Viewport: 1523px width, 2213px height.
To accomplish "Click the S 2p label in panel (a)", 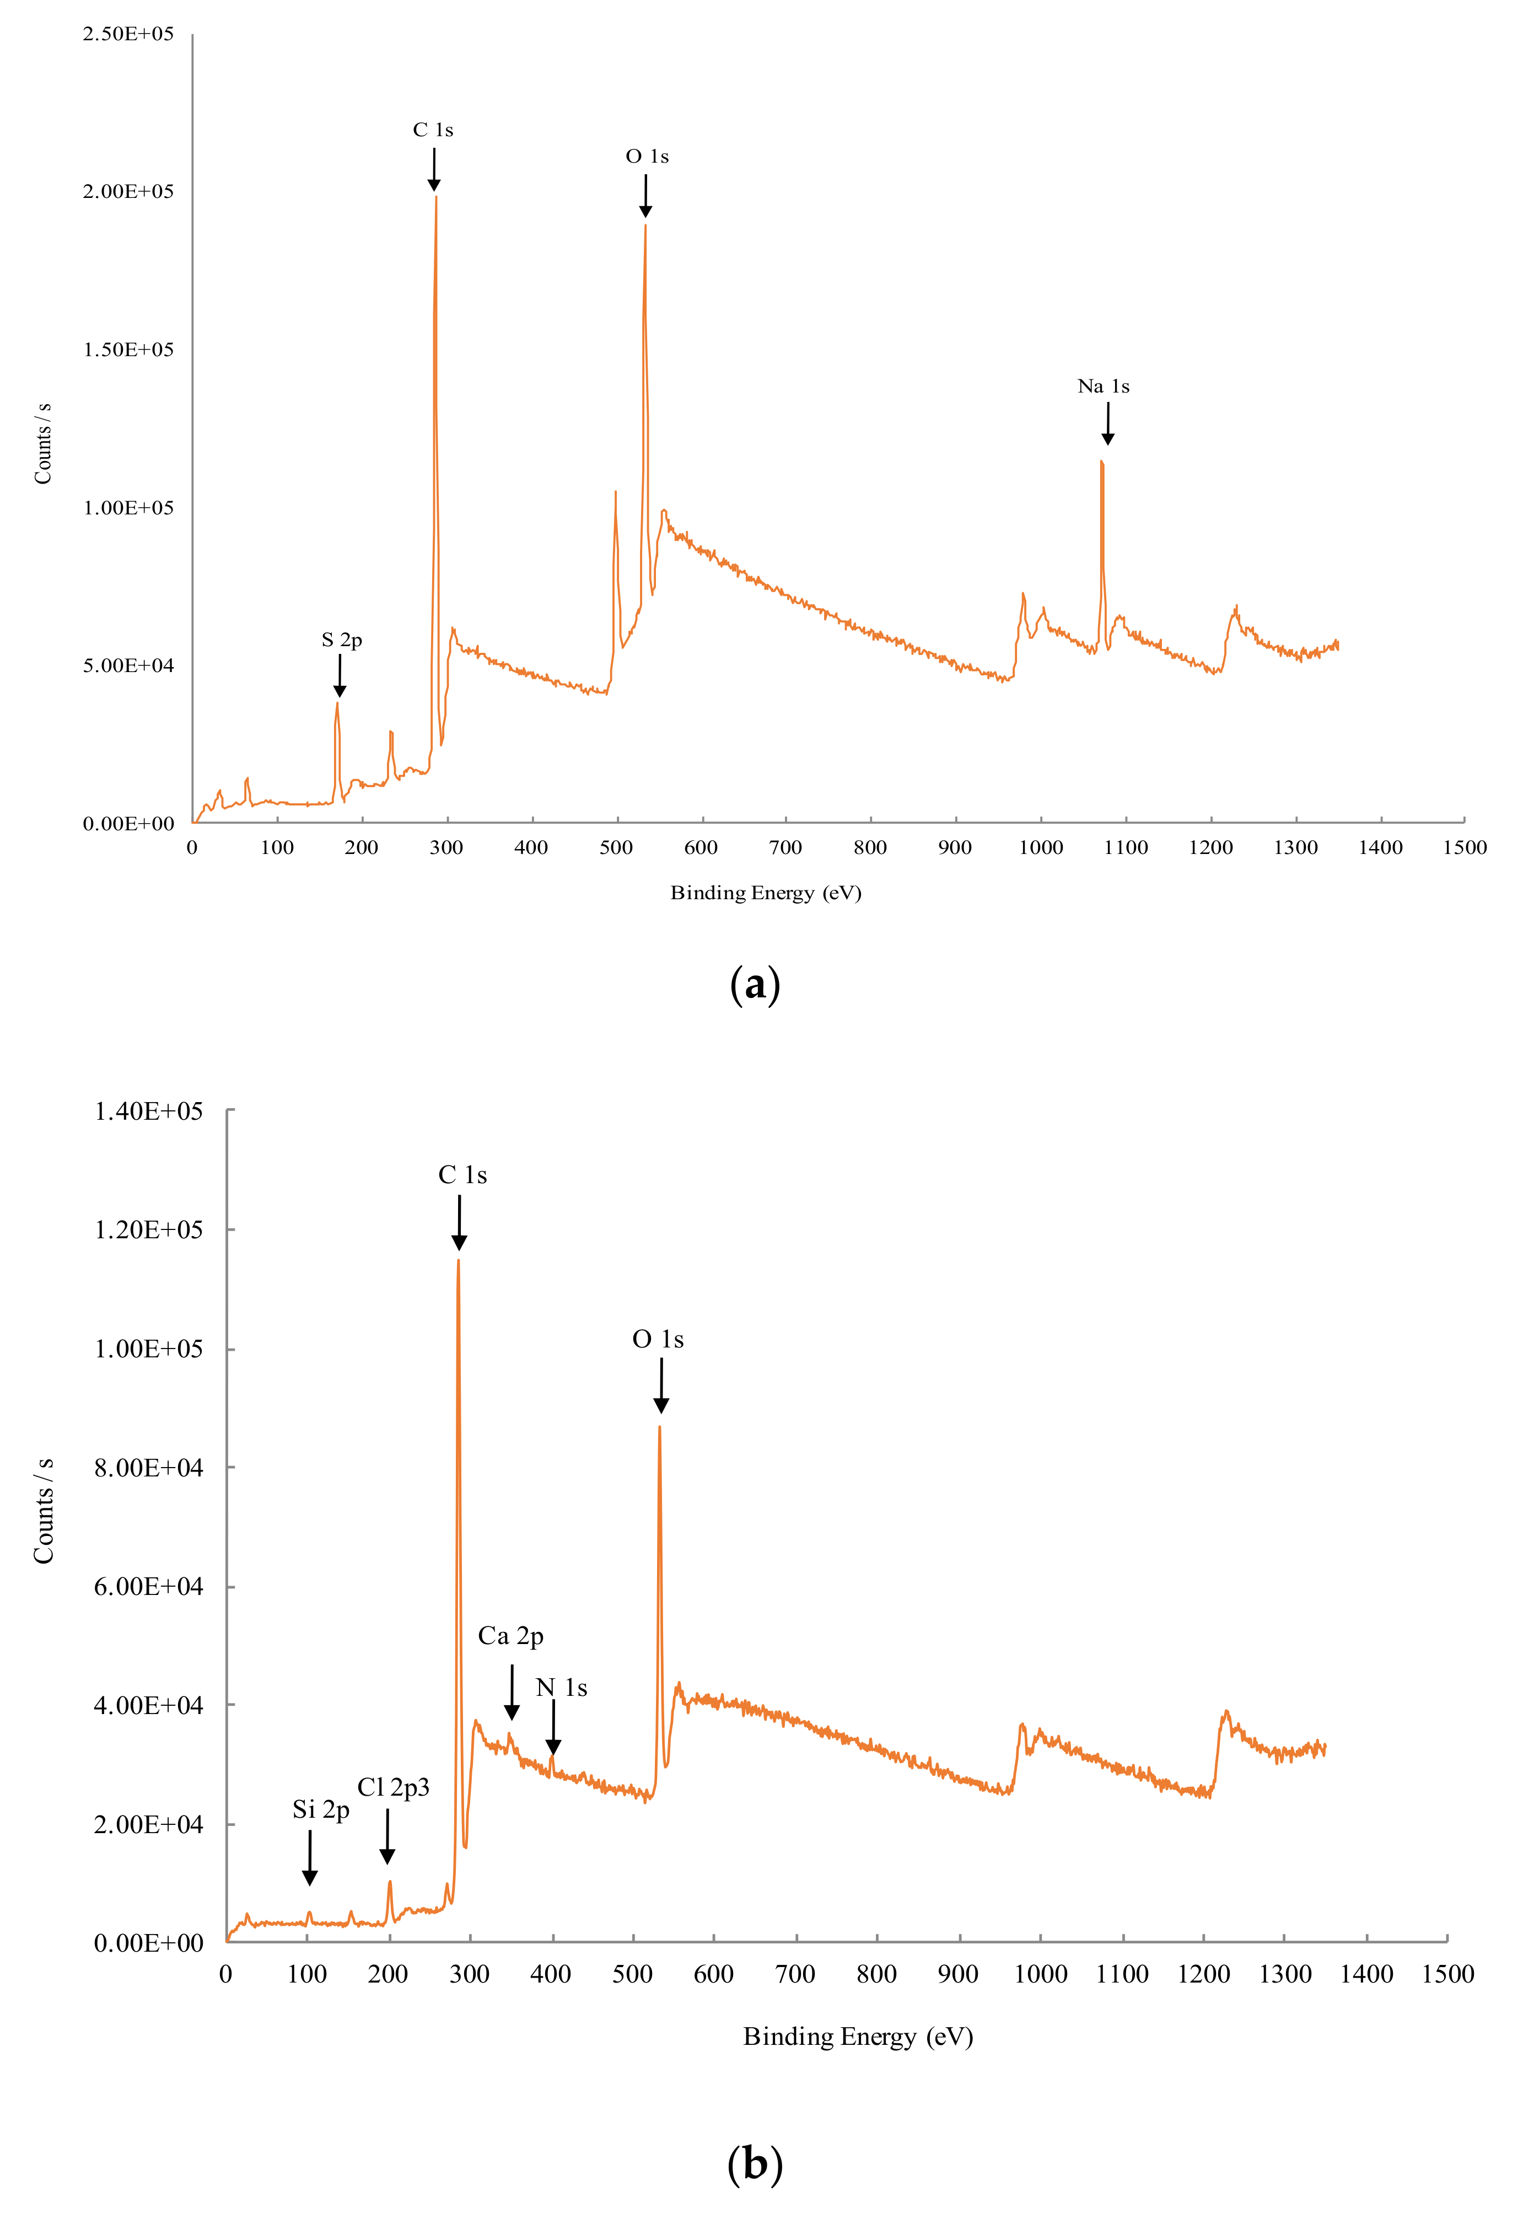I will coord(342,640).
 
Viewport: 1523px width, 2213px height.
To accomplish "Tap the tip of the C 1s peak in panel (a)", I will coord(436,197).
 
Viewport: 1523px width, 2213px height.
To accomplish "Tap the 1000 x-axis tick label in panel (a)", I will coord(1040,847).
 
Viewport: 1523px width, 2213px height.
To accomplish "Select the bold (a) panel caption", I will coord(755,984).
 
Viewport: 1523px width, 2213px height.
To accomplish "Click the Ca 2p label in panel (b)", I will coord(510,1636).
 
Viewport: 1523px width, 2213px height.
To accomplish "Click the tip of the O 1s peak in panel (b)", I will coord(659,1427).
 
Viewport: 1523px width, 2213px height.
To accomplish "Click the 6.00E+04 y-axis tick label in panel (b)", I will coord(148,1587).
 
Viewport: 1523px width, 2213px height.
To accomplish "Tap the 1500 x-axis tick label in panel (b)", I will coord(1447,1974).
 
